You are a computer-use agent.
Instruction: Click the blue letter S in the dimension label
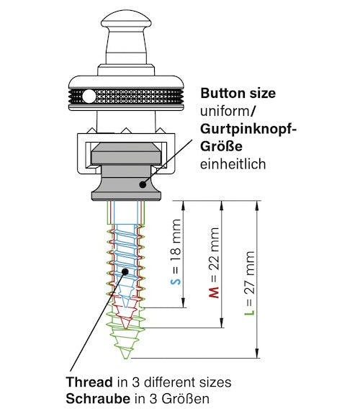(176, 282)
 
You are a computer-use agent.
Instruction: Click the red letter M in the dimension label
(214, 292)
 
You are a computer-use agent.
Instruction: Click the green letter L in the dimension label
(250, 312)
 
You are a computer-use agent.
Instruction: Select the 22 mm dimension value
(214, 248)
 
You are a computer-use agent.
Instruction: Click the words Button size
(238, 93)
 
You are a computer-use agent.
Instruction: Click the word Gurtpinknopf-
(248, 130)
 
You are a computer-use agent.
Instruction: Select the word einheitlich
(233, 164)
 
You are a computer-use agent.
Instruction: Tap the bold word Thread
(89, 382)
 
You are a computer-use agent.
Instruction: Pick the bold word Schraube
(98, 399)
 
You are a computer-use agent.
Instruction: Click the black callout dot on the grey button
(143, 184)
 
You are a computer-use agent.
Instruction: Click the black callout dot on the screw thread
(125, 271)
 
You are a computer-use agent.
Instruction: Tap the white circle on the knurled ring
(89, 96)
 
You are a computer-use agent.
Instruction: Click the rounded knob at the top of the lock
(126, 19)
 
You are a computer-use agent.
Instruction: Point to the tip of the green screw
(126, 358)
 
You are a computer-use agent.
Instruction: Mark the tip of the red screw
(126, 328)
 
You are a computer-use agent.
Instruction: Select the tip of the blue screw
(126, 307)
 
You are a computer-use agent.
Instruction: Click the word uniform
(225, 112)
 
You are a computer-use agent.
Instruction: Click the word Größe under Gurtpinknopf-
(221, 146)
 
